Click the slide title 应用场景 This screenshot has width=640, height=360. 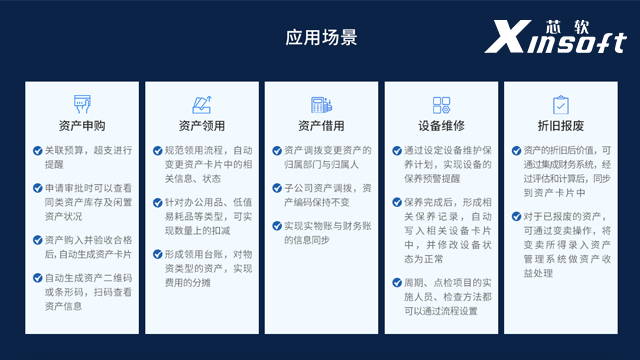320,38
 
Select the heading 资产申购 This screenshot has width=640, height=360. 81,125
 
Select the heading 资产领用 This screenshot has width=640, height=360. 201,125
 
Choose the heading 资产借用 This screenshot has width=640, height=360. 321,125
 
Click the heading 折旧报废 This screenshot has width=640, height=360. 560,125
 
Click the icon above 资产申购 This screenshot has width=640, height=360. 81,103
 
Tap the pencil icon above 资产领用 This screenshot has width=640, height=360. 201,103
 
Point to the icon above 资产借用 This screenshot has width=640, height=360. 321,103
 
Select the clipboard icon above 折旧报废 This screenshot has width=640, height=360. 560,103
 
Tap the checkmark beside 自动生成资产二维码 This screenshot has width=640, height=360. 37,277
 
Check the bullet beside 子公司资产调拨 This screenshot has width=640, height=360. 276,187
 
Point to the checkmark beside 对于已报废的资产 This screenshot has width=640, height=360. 516,215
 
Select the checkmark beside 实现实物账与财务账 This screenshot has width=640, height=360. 276,225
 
